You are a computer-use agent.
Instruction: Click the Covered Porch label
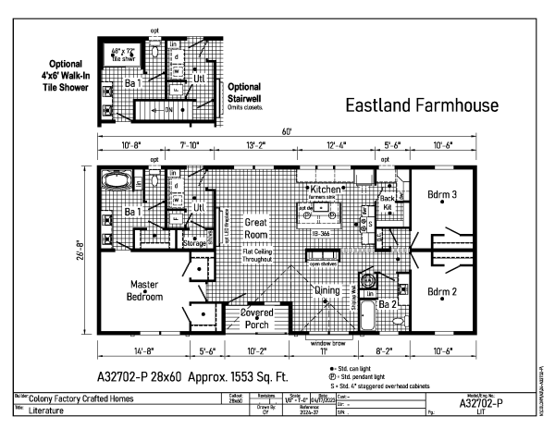(x=249, y=318)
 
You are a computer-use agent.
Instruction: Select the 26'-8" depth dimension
(x=82, y=251)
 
